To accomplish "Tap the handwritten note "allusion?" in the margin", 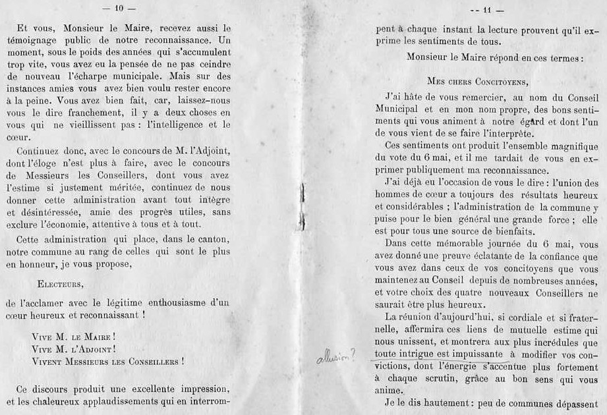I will tap(336, 356).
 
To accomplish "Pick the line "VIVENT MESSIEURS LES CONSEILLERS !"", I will tap(107, 361).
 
